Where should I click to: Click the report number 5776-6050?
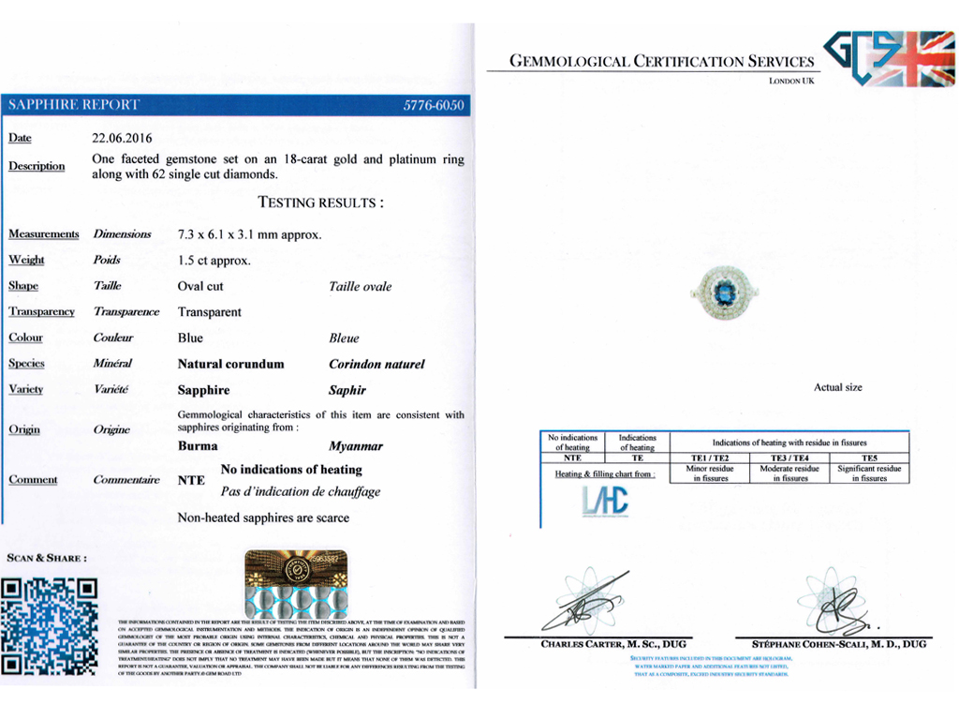coord(434,106)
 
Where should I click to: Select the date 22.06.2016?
coord(122,139)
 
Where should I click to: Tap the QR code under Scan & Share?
coord(50,626)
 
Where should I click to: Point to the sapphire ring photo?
coord(724,292)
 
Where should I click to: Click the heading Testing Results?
coord(320,202)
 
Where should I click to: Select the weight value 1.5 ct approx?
coord(214,261)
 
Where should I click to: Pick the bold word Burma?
coord(198,446)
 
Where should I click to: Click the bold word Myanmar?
coord(356,447)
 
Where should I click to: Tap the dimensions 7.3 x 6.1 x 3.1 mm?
coord(249,234)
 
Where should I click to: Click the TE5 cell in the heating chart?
coord(868,457)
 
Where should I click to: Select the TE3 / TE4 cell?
coord(789,457)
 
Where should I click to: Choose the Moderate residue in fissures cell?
coord(789,473)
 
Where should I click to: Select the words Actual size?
coord(838,388)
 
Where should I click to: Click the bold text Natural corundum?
coord(230,364)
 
